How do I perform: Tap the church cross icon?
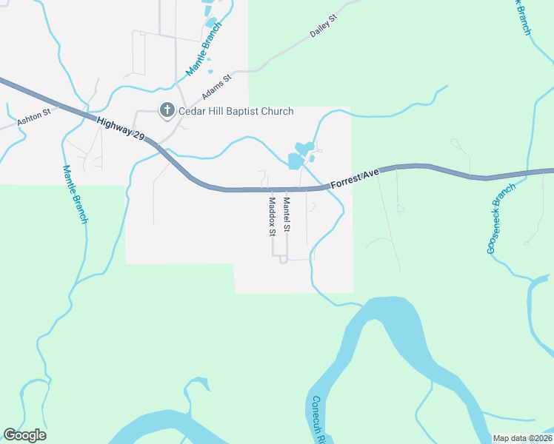coord(167,111)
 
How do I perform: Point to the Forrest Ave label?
coord(355,178)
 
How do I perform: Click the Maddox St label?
coord(272,216)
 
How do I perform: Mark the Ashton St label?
coord(33,115)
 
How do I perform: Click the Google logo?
coord(24,435)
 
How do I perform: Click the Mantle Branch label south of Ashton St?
coord(75,194)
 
